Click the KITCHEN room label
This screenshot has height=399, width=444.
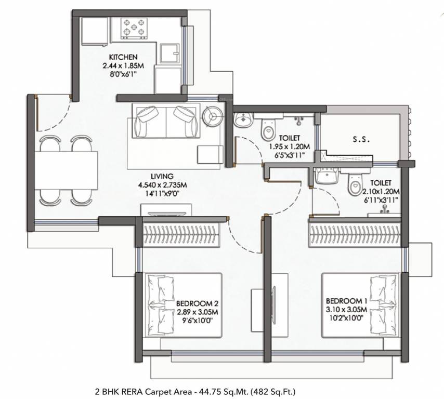[x=123, y=57]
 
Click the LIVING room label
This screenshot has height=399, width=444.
[x=163, y=176]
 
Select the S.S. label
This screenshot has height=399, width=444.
[x=360, y=140]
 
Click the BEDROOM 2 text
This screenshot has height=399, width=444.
[x=197, y=303]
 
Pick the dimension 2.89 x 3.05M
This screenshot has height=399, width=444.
[x=197, y=312]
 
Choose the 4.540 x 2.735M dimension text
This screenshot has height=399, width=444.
[x=163, y=184]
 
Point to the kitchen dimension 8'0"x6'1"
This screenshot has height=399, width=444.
[x=123, y=74]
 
